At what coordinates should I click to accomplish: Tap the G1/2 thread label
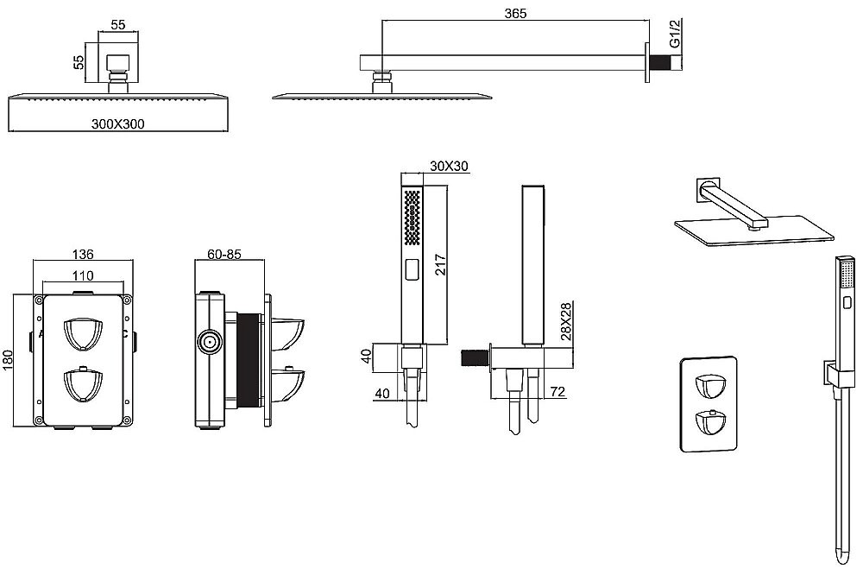coord(676,35)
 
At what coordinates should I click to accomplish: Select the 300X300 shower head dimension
coord(118,123)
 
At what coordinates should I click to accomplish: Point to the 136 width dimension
coord(83,255)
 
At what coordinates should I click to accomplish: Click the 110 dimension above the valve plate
coord(83,275)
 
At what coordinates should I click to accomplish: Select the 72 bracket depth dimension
coord(557,393)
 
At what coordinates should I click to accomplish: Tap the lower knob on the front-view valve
coord(83,385)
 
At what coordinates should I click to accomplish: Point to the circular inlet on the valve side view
coord(209,343)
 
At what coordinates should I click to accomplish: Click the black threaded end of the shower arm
coord(661,62)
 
